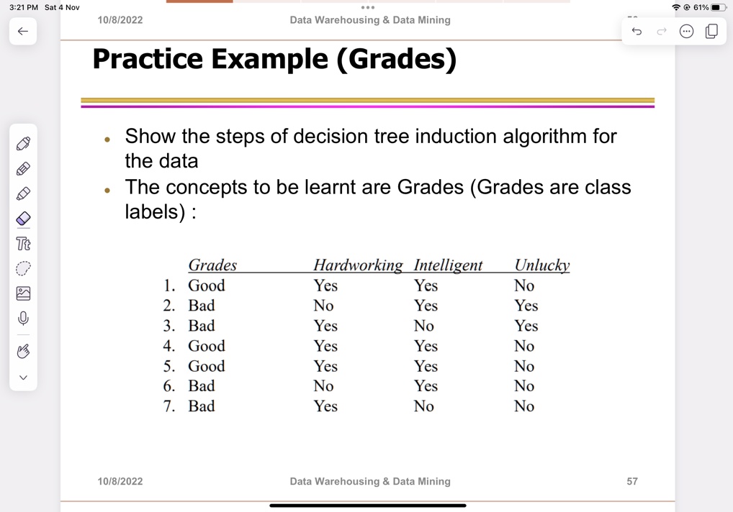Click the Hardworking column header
(x=358, y=265)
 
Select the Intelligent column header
(x=448, y=265)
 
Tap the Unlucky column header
(x=541, y=265)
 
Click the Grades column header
(x=212, y=265)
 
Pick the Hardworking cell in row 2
(x=323, y=306)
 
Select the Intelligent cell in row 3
(x=424, y=326)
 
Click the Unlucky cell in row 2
(x=526, y=306)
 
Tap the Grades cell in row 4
(x=207, y=346)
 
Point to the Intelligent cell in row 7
(x=424, y=406)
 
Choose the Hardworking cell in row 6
(x=323, y=386)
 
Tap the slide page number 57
(x=632, y=481)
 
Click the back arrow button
(x=23, y=31)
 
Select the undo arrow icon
(x=637, y=31)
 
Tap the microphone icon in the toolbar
(x=23, y=318)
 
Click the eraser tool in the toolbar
(x=23, y=218)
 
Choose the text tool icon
(x=23, y=243)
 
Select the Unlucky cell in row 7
(x=524, y=406)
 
